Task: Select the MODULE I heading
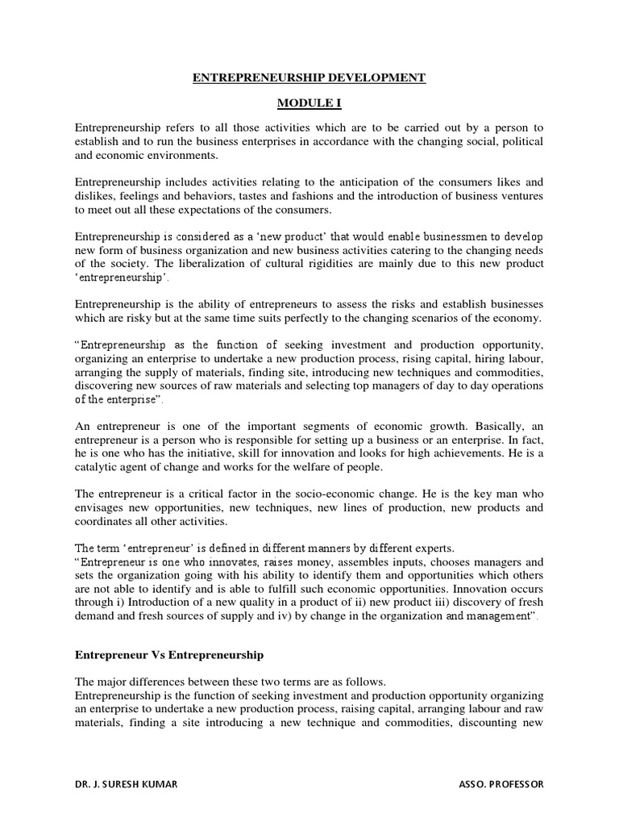309,104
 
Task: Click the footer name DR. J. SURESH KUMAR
123,783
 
